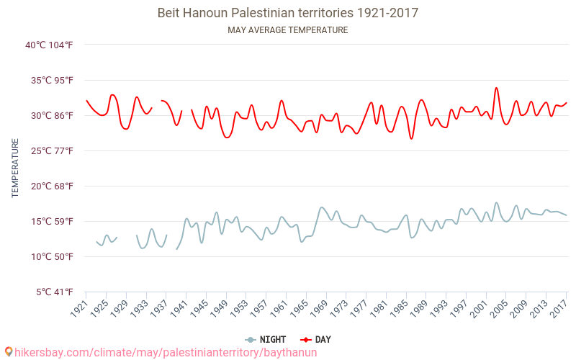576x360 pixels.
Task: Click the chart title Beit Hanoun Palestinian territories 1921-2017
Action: point(287,13)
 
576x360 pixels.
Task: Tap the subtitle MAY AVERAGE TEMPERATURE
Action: point(287,30)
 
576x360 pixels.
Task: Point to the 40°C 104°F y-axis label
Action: point(49,45)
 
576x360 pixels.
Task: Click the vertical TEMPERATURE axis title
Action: point(15,168)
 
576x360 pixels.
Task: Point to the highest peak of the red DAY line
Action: point(496,88)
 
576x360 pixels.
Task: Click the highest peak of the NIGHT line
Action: point(496,203)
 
